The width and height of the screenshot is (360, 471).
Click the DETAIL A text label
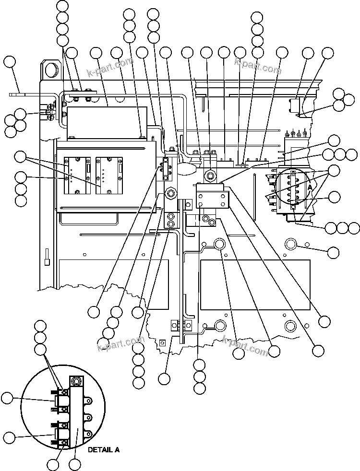[x=103, y=450]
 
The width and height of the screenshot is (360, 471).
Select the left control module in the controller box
[x=77, y=175]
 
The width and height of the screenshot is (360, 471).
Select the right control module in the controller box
[x=109, y=175]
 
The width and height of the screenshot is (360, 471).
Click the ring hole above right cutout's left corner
[x=219, y=245]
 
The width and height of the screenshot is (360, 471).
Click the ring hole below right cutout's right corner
[x=290, y=327]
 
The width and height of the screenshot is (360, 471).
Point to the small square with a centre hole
[x=162, y=342]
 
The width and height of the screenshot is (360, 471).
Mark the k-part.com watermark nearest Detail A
[x=120, y=344]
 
